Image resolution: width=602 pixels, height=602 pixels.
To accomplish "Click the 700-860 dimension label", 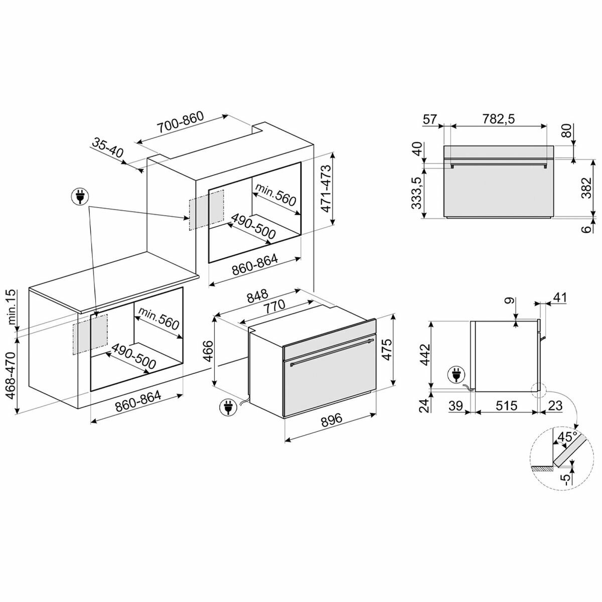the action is click(x=180, y=122).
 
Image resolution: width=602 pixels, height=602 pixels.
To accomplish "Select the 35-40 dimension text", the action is click(x=108, y=148).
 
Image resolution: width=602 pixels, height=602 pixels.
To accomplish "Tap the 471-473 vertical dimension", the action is click(x=326, y=189).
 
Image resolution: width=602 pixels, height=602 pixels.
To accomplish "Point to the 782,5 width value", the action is click(x=498, y=119).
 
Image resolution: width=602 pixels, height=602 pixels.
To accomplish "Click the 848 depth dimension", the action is click(x=258, y=295).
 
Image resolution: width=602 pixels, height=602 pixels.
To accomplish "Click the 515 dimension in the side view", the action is click(x=506, y=405).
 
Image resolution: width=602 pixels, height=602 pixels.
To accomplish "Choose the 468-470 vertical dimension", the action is click(x=11, y=376).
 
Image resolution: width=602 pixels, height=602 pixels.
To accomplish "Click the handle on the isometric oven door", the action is click(x=332, y=352).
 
